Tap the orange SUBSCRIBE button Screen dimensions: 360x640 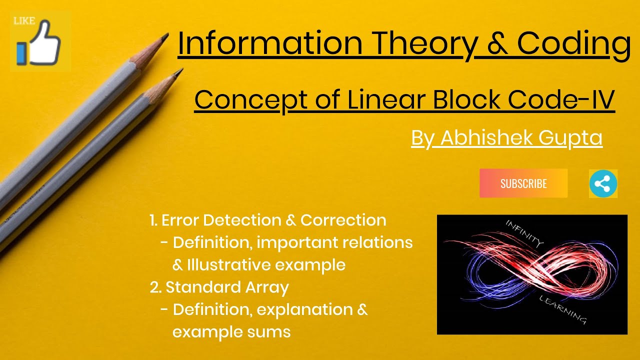point(523,183)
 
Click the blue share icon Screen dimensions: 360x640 point(603,183)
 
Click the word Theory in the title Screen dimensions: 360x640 point(424,44)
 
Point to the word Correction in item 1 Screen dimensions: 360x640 point(343,220)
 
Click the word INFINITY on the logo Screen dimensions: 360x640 point(523,233)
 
